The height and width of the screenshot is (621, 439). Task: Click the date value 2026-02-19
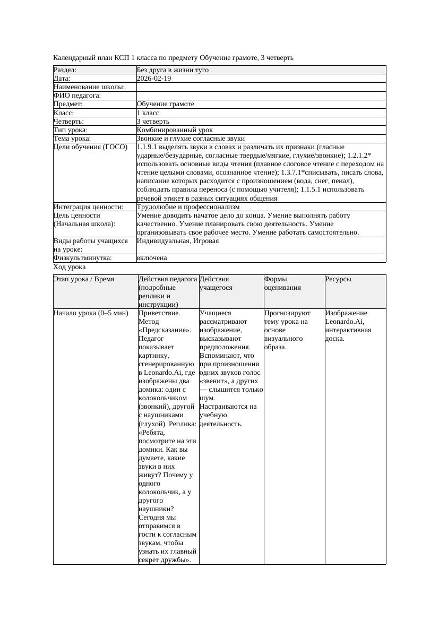(154, 79)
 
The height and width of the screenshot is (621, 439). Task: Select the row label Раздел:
(65, 70)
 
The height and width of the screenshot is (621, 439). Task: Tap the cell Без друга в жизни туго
(173, 70)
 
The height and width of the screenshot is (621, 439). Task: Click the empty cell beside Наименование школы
(260, 87)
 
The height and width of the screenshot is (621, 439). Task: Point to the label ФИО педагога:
(78, 96)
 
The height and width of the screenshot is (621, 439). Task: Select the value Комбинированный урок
(175, 130)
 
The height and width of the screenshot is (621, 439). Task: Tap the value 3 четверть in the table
(153, 122)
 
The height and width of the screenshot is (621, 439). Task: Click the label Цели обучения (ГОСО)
(91, 147)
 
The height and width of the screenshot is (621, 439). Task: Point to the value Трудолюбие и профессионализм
(188, 207)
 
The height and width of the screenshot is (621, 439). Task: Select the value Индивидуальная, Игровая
(178, 241)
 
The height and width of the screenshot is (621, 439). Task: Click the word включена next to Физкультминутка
(152, 258)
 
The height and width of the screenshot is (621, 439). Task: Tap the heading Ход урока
(70, 268)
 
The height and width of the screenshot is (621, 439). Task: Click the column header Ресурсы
(338, 279)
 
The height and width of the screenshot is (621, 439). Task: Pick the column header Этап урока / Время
(84, 279)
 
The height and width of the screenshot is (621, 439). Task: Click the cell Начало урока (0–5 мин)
(91, 313)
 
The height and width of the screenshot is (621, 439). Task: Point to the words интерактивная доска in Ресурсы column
(348, 334)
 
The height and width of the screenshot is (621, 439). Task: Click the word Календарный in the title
(73, 58)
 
